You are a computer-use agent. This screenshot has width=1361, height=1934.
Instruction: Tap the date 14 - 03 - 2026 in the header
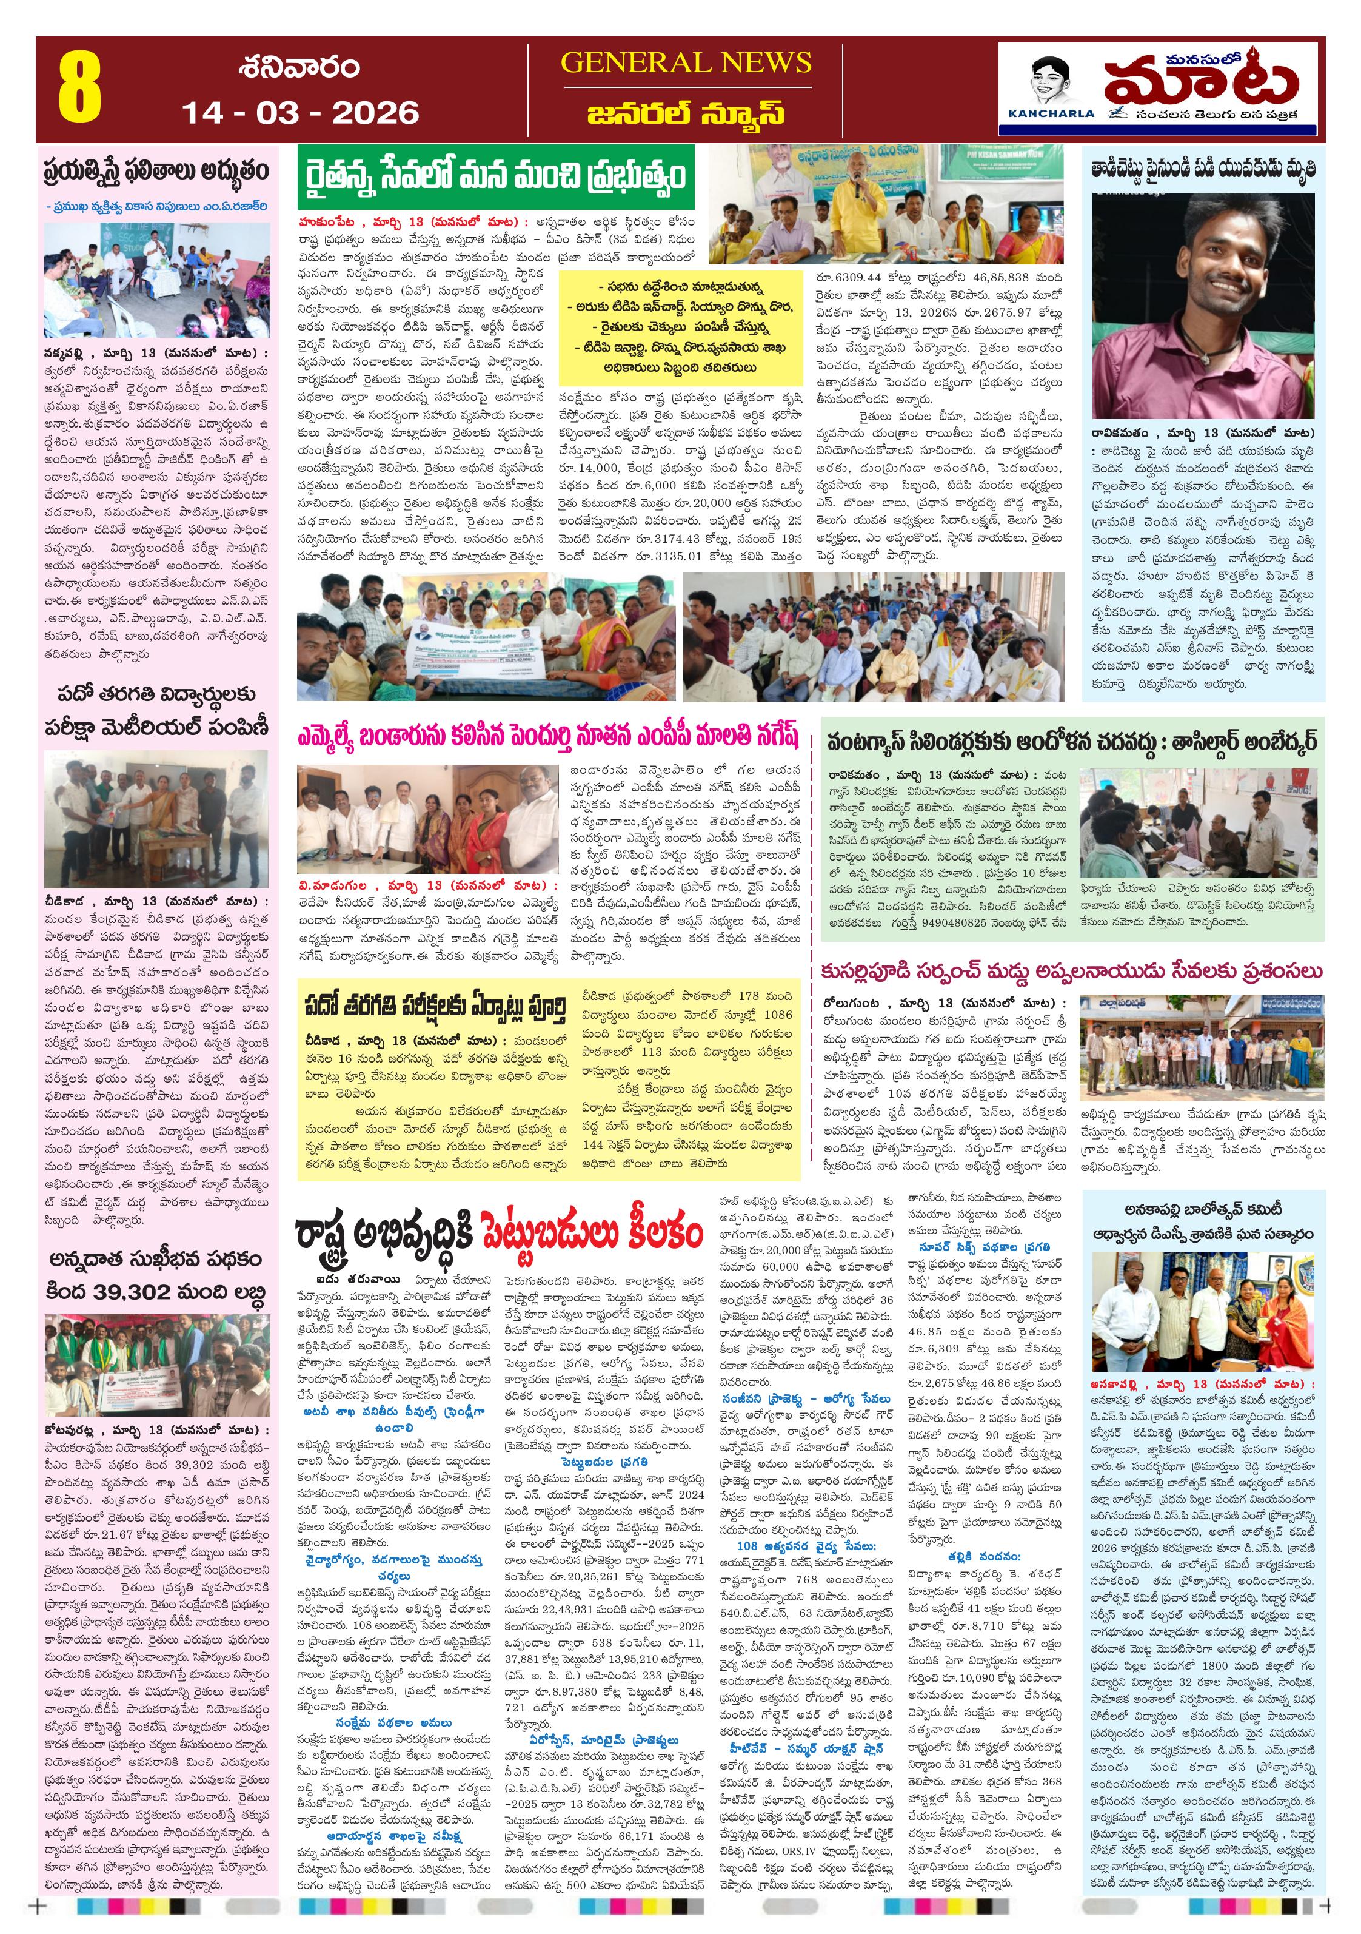point(300,113)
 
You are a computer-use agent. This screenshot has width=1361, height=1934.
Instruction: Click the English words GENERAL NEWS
point(686,62)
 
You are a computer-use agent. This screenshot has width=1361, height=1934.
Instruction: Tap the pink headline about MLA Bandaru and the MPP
point(547,737)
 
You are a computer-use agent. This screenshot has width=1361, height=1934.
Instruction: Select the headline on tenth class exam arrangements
point(435,1007)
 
